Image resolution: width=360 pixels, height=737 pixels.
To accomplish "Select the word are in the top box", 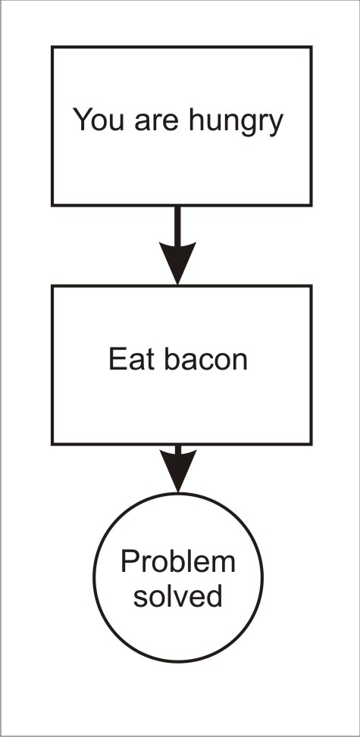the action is tap(157, 122).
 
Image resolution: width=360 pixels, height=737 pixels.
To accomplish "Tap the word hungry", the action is tap(236, 122).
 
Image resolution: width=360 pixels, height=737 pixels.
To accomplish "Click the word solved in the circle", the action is tap(178, 596).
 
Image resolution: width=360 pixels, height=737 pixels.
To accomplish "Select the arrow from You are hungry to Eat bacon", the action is tap(177, 245).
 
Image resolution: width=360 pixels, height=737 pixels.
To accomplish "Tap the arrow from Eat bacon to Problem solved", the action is tap(178, 468).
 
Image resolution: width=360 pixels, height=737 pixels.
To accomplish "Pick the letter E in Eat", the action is tap(117, 360).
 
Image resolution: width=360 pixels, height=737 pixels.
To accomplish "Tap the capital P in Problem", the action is tap(130, 561).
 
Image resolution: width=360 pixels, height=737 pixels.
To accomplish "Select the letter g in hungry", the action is tap(248, 126).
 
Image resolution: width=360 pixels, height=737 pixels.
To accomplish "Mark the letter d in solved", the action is tap(214, 595).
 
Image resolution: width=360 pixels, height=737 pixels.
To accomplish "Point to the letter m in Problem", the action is tap(224, 564).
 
